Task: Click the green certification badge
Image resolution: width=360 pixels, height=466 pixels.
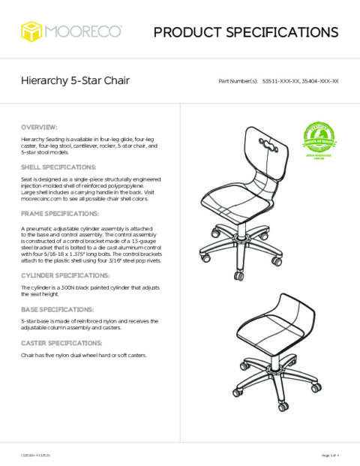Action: [318, 140]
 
